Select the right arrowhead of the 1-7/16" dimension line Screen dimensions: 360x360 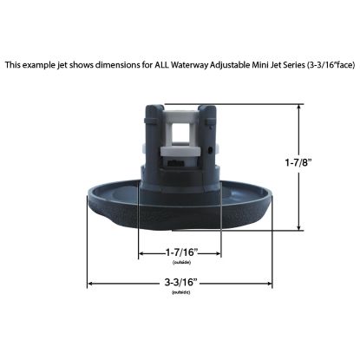[220, 255]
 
